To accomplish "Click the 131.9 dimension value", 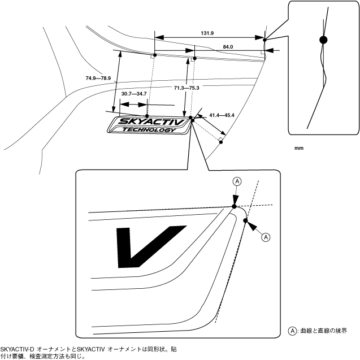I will pos(207,33).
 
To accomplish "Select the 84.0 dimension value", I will pos(228,46).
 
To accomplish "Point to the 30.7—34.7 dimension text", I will pos(134,93).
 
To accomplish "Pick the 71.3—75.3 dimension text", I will pos(187,88).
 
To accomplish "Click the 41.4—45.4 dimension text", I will pos(222,115).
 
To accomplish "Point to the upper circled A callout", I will pos(237,181).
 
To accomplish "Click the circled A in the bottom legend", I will pos(292,331).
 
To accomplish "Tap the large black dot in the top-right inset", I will pos(323,40).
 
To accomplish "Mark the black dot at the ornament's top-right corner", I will pos(191,118).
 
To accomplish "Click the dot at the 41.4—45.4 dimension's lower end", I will pos(222,141).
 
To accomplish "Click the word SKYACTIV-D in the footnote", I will pos(17,349).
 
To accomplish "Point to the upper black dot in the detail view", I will pos(235,206).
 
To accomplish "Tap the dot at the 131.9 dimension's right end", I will pos(264,39).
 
